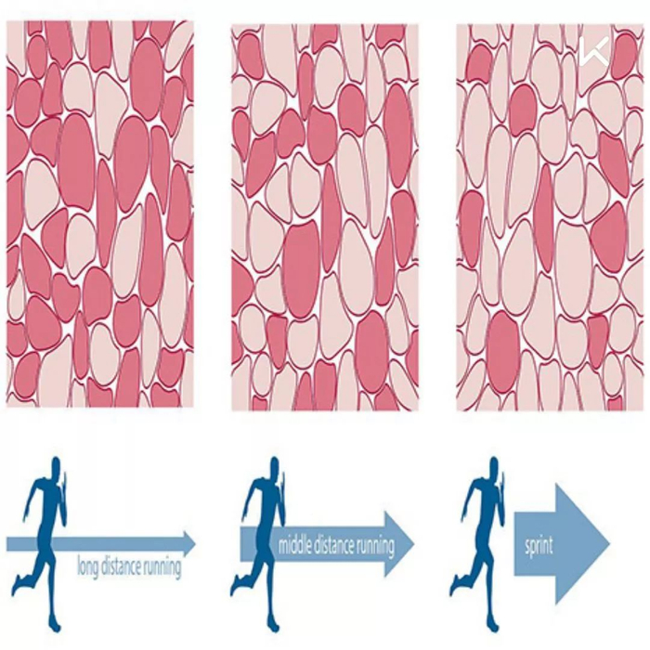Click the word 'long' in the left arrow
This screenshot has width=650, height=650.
87,565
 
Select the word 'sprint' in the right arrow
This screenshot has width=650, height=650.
538,544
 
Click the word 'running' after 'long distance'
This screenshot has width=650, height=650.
158,566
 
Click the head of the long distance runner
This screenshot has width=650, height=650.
56,466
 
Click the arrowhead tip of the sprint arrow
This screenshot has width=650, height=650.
608,543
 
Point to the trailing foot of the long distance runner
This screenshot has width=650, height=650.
17,587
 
